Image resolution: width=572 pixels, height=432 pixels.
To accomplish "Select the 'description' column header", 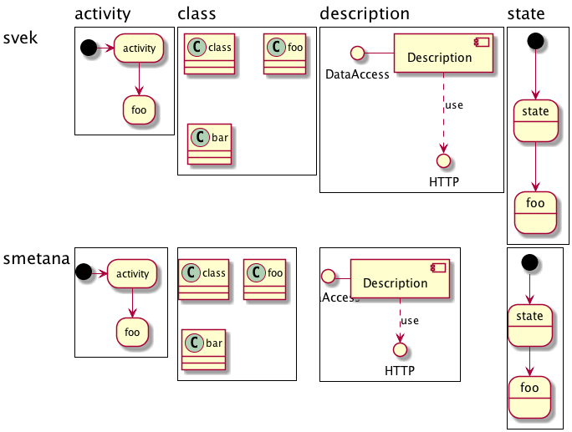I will click(365, 13).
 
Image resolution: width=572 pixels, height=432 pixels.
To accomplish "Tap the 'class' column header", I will click(197, 13).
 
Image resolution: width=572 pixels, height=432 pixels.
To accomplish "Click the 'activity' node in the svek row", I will click(139, 48).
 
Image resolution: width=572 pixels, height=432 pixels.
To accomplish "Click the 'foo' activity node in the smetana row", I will click(132, 331).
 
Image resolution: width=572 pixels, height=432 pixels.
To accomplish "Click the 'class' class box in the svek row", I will click(209, 54).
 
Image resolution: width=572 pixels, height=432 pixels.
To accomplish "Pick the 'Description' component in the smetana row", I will click(400, 282).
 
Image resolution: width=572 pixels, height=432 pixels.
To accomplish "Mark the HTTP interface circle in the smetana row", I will click(399, 349).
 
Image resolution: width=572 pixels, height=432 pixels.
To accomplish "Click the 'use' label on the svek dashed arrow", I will click(454, 105).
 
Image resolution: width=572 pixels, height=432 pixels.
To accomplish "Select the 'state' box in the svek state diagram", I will click(535, 119).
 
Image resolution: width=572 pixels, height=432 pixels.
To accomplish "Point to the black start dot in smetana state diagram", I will click(529, 262).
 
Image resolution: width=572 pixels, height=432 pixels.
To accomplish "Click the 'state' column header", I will click(526, 13).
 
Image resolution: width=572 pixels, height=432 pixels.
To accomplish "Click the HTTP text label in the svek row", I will click(444, 181).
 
